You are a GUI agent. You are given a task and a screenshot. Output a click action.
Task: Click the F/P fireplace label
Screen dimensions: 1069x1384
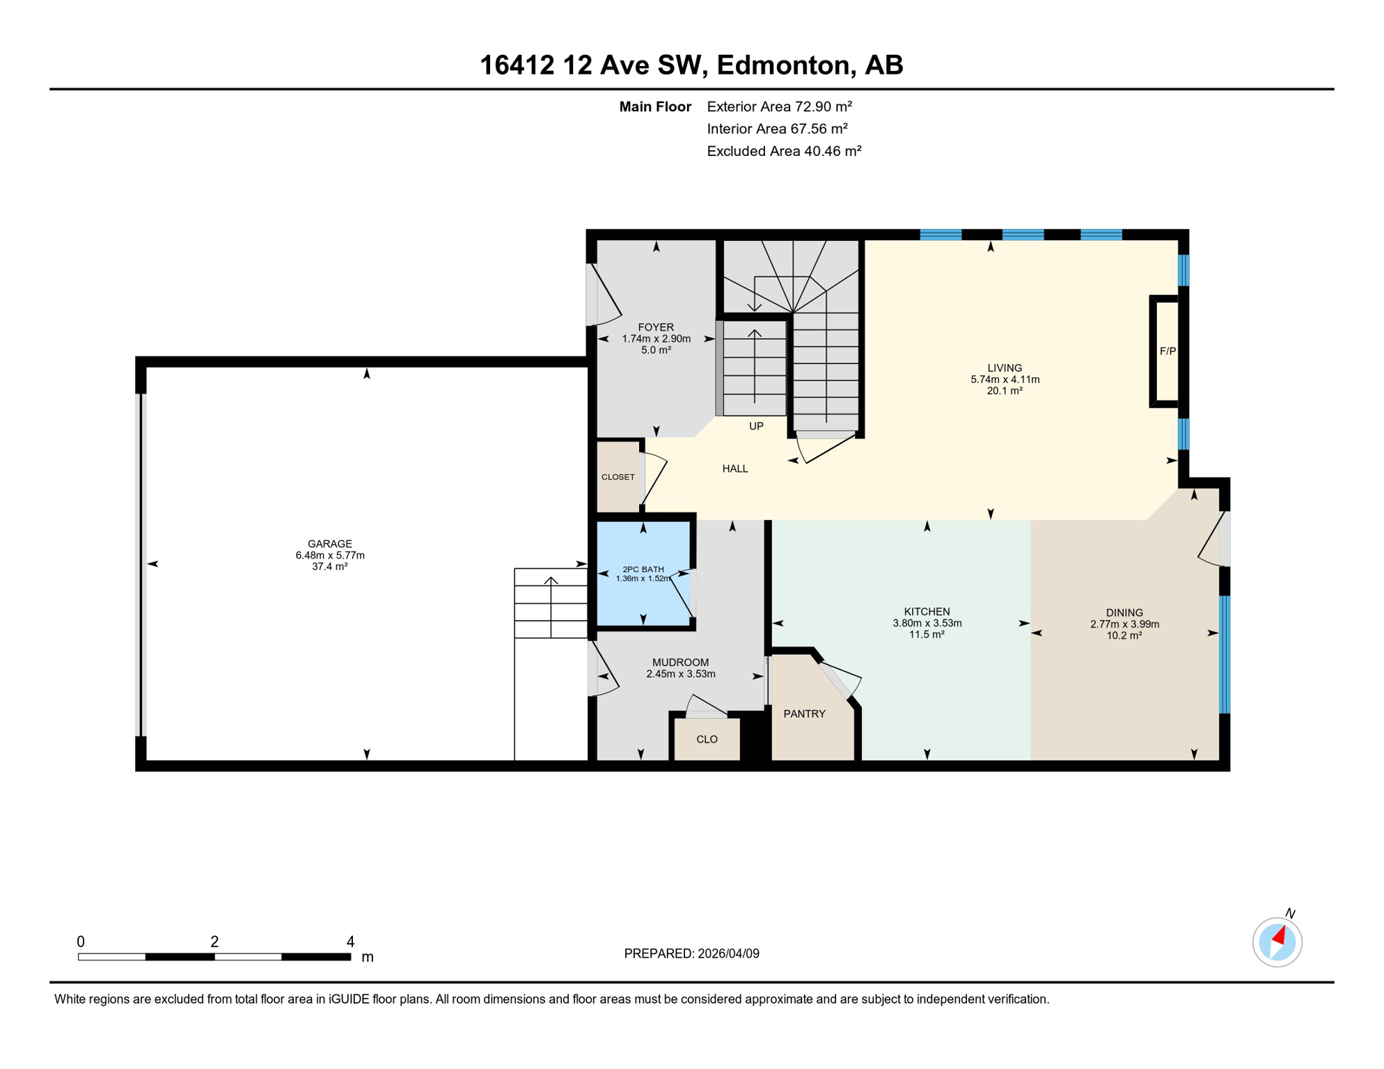point(1167,351)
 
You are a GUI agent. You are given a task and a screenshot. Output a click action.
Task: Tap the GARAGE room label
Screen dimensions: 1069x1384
point(330,544)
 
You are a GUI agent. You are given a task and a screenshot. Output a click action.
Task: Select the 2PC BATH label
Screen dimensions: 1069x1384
point(643,569)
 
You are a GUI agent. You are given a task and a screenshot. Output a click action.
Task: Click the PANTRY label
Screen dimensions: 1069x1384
point(804,713)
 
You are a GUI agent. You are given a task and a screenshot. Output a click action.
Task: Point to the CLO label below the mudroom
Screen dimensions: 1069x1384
point(707,739)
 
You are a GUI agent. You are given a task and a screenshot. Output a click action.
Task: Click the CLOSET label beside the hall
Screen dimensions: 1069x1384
point(618,477)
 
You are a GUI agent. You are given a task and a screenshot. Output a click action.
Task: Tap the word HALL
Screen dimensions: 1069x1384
point(734,468)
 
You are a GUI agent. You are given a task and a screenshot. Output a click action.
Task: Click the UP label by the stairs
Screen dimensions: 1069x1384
point(756,426)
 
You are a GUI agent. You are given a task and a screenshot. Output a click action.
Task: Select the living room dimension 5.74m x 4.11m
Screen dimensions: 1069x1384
point(1005,379)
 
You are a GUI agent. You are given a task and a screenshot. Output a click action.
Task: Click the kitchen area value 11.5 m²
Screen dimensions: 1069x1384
point(927,635)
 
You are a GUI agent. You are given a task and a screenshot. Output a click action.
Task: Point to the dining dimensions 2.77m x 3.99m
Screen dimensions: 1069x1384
point(1124,624)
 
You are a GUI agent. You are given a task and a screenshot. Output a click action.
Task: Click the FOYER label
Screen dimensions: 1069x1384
point(656,327)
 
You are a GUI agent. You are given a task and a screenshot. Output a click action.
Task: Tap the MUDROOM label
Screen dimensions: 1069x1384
point(680,663)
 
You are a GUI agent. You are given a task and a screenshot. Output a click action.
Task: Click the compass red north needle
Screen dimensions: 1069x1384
point(1280,935)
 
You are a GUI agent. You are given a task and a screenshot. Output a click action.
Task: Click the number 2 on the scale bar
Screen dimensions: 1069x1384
point(214,942)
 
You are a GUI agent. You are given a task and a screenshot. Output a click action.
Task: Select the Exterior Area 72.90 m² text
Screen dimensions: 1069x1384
point(779,106)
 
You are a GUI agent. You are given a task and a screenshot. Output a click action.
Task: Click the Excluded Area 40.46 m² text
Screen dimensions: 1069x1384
point(784,151)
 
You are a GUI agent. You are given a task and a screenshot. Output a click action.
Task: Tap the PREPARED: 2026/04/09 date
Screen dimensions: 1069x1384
point(691,953)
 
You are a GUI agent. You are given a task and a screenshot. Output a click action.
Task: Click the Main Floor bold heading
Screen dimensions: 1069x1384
point(654,106)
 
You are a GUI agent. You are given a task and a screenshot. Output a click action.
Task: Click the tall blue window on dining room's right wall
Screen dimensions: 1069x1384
point(1225,654)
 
